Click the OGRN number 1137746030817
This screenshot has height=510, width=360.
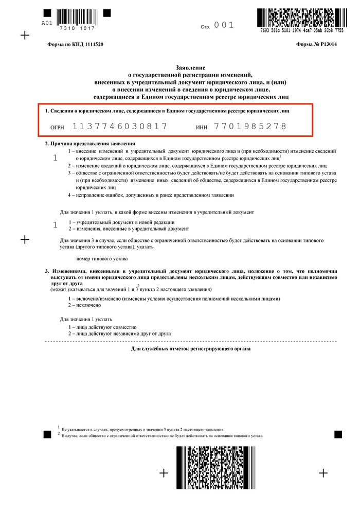coord(120,126)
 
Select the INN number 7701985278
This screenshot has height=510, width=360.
coord(250,126)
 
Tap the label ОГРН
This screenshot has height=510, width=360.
coord(57,127)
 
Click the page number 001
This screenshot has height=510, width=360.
coord(224,25)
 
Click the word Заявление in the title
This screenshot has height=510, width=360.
coord(190,67)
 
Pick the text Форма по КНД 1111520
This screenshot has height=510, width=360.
coord(75,45)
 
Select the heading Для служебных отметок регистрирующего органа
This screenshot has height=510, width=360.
coord(191,349)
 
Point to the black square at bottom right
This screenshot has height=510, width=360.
coord(338,434)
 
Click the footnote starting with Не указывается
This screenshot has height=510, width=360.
coord(142,429)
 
